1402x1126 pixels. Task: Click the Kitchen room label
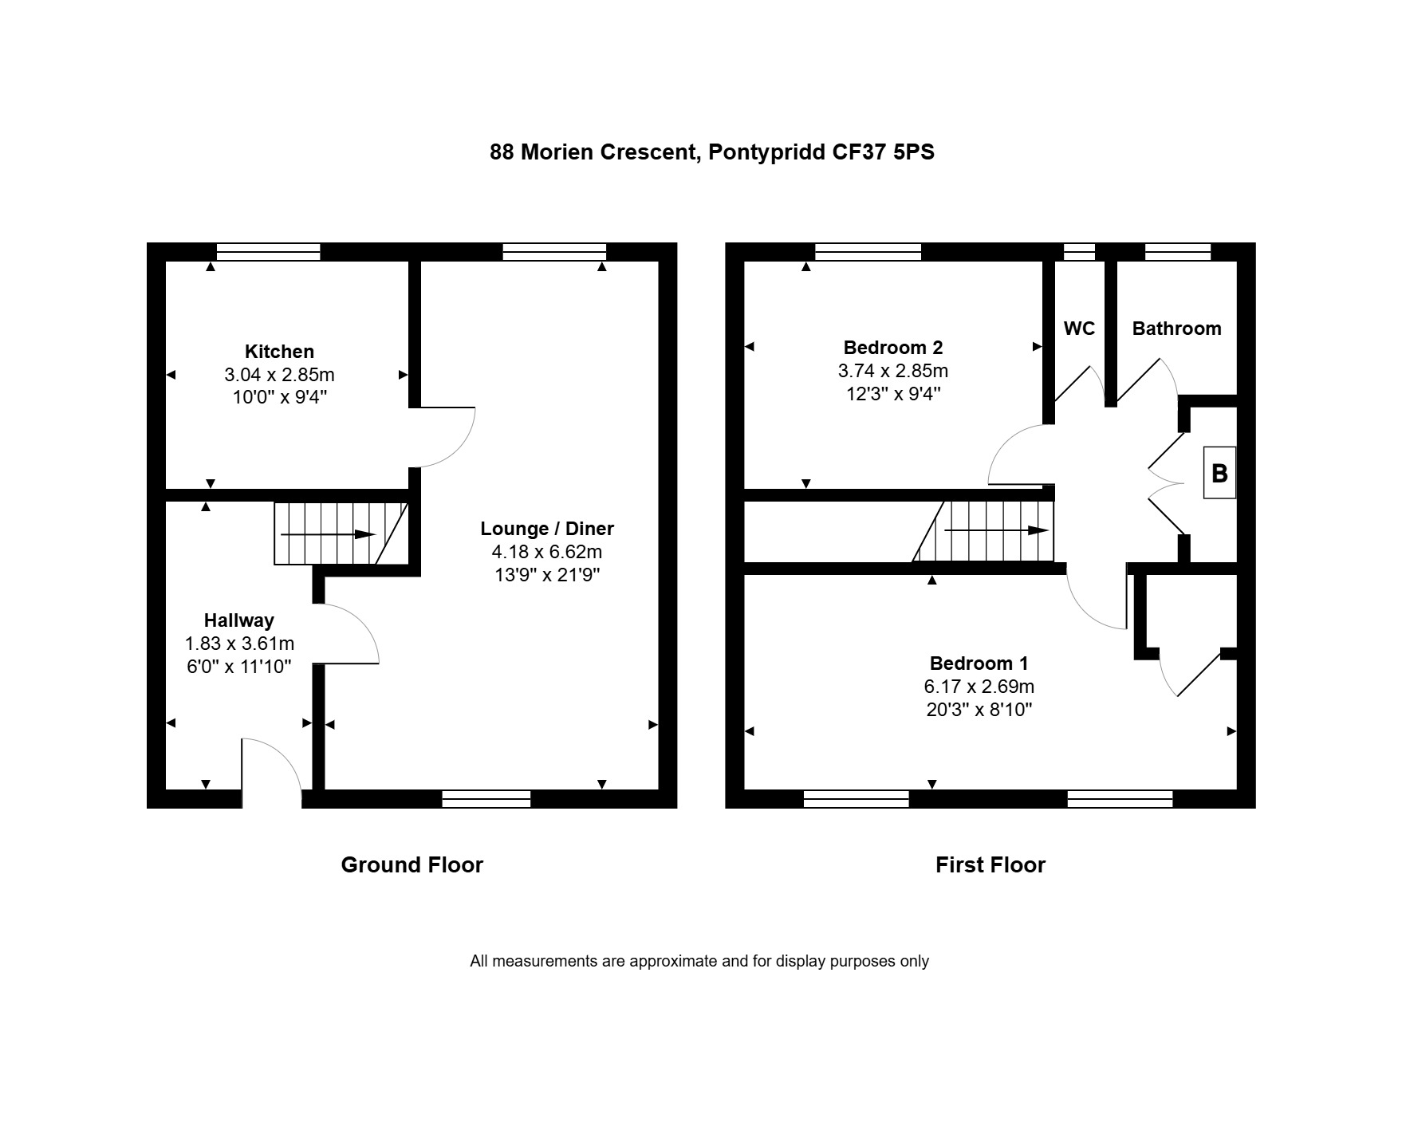point(279,352)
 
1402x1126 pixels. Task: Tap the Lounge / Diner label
point(547,529)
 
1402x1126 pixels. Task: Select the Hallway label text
point(238,620)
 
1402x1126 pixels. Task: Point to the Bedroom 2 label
point(893,348)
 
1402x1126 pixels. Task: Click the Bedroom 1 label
point(979,663)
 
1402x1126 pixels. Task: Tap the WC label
point(1079,329)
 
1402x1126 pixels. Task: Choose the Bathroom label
point(1176,329)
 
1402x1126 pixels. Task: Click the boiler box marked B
point(1219,473)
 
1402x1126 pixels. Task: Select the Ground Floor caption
point(412,865)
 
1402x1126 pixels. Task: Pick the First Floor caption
point(990,865)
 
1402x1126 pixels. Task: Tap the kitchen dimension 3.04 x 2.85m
point(279,375)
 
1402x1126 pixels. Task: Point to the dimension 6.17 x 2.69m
point(979,687)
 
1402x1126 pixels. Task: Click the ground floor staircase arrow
point(328,534)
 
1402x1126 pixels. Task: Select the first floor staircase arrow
point(997,530)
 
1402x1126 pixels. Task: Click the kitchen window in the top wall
point(269,252)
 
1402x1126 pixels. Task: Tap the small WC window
point(1080,252)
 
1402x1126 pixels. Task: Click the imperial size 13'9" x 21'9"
point(547,575)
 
